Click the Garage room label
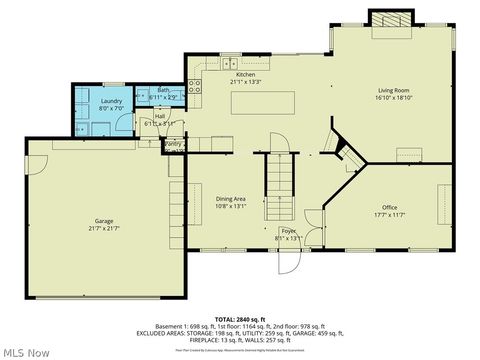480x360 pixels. click(x=103, y=221)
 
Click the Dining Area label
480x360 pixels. click(x=231, y=199)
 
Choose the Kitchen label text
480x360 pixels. click(x=246, y=75)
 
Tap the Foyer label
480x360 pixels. click(x=287, y=231)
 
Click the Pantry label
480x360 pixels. click(x=173, y=144)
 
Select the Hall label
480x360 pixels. click(x=159, y=116)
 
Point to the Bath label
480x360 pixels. click(x=164, y=90)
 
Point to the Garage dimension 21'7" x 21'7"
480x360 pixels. click(x=103, y=228)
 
